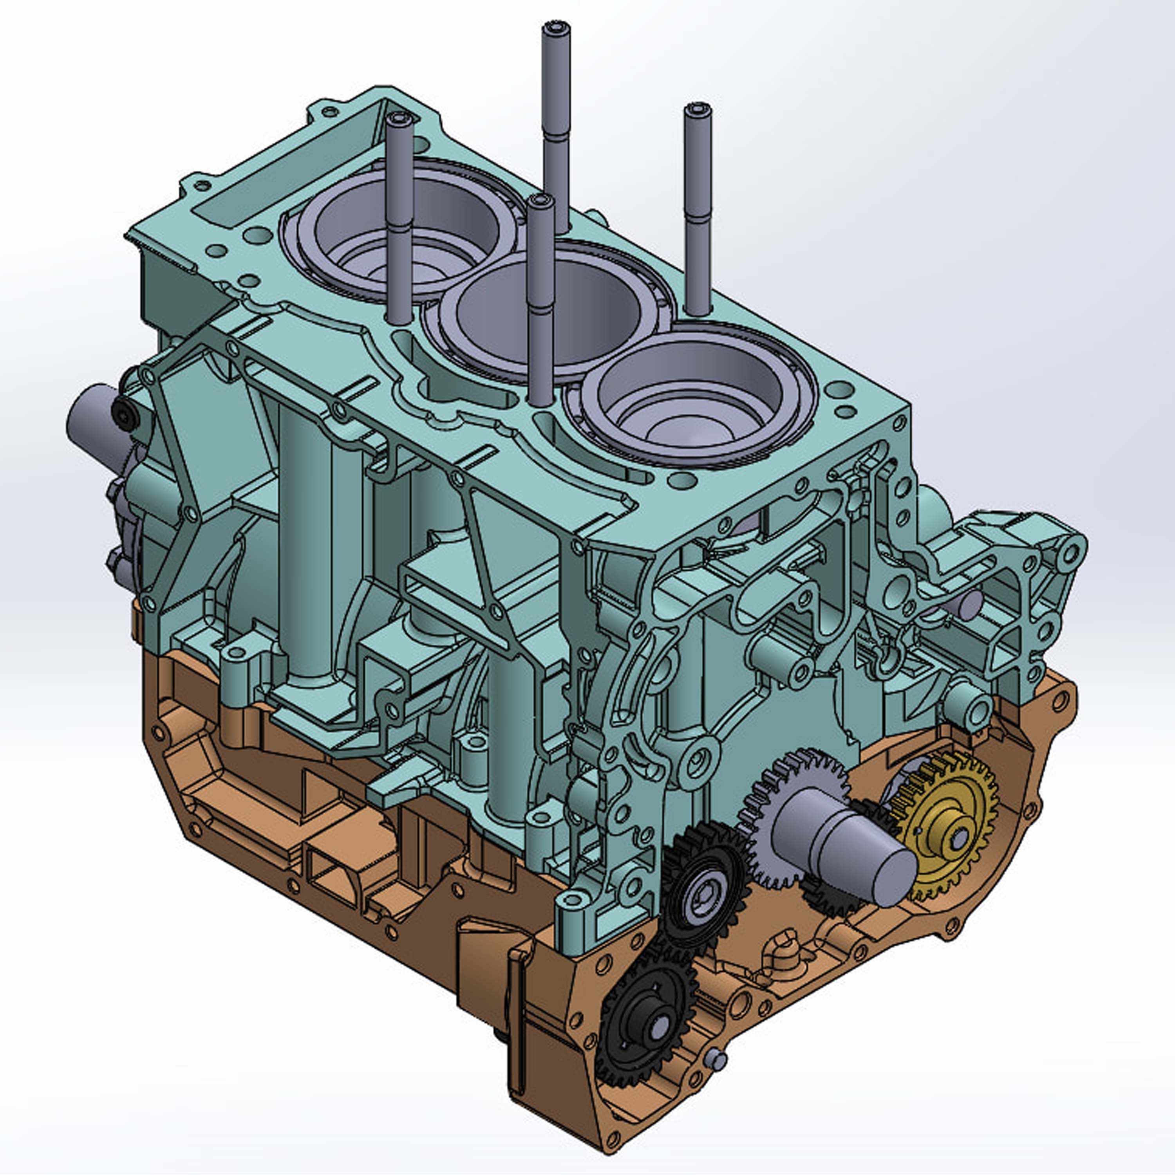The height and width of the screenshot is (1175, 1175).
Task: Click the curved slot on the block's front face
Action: pyautogui.click(x=626, y=687)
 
